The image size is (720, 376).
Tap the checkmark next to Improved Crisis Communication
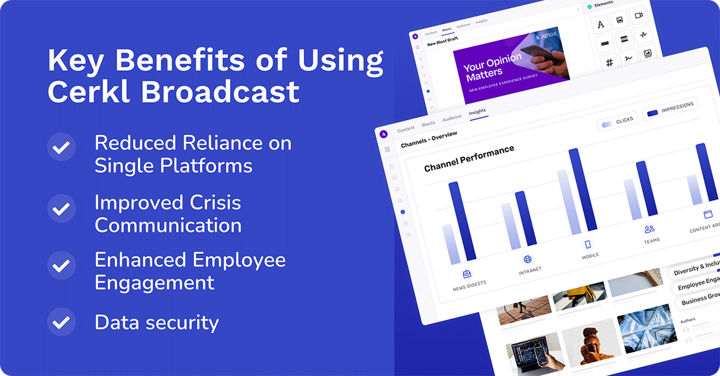[61, 209]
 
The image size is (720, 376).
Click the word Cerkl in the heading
[89, 91]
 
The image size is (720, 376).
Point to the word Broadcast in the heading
[221, 91]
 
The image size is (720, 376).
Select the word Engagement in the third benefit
[154, 282]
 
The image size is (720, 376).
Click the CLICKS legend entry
[618, 122]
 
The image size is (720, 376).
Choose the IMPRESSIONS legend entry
[671, 109]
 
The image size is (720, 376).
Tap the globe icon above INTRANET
[528, 259]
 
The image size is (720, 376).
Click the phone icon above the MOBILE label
[587, 244]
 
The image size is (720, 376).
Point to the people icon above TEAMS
[649, 229]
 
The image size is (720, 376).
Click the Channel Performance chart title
[469, 159]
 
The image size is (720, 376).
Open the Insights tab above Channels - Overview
[478, 112]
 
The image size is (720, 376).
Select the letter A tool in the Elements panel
[601, 24]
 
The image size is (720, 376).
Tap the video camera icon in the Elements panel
[639, 15]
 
